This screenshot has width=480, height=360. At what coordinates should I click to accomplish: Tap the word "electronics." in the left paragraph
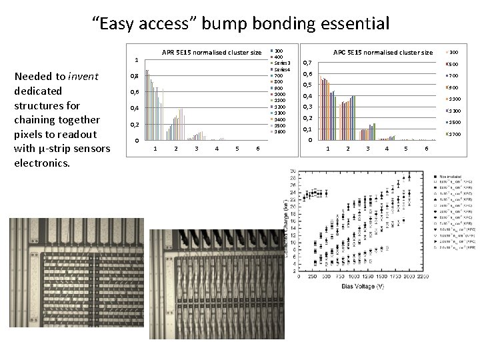42,163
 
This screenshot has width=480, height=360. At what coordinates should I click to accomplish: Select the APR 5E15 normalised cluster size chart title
211,53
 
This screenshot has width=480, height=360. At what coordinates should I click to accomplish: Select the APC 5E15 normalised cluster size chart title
383,53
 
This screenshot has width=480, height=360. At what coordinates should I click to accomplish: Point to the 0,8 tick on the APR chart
135,76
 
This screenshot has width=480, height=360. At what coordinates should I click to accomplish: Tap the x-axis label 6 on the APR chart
258,148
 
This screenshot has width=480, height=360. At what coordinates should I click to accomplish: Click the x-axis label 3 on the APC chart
367,148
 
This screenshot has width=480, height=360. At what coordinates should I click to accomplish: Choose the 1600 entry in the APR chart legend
280,131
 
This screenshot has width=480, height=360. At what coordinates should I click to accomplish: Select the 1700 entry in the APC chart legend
455,135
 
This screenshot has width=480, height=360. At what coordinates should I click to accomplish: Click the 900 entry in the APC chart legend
453,87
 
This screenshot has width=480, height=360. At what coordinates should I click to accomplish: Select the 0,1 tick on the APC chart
307,129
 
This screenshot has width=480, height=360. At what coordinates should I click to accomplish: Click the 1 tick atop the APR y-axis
136,59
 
